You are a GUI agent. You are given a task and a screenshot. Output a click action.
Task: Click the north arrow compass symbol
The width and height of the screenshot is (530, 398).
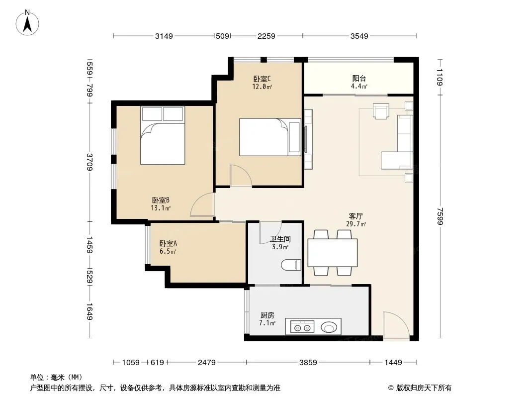click(27, 22)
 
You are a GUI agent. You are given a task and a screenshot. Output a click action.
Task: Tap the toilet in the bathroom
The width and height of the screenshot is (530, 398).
click(291, 265)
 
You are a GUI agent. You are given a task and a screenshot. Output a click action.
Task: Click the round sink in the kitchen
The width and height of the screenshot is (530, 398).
click(329, 327)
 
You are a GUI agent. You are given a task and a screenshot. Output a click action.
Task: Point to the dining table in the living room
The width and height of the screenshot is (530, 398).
click(333, 253)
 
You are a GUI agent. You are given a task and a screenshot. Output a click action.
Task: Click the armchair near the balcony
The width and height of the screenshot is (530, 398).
click(381, 111)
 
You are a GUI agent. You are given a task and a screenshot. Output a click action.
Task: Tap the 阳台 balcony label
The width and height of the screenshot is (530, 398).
click(359, 79)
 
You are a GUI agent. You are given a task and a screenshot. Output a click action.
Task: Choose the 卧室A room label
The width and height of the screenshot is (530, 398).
click(168, 243)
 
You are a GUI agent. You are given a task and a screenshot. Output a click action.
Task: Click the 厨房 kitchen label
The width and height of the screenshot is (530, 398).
click(267, 315)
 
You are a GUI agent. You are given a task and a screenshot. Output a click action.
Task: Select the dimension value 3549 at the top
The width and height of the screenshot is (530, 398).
click(359, 36)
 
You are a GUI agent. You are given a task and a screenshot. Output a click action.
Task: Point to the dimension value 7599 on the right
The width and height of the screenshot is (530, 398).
click(440, 216)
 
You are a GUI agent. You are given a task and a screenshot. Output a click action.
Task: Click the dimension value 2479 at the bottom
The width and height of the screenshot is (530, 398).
click(206, 363)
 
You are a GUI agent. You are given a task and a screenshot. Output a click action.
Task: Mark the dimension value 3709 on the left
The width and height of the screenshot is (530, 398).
click(89, 162)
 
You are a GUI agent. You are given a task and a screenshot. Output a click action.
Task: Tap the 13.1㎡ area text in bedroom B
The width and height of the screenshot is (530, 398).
click(161, 208)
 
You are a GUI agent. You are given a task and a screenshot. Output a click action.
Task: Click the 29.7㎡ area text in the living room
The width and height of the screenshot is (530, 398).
click(356, 223)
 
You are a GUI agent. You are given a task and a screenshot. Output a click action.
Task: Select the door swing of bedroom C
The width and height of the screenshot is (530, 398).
click(241, 176)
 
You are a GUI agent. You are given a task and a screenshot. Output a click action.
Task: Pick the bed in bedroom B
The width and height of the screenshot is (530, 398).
click(163, 136)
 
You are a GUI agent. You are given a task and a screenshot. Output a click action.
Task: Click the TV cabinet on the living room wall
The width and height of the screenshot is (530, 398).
click(308, 139)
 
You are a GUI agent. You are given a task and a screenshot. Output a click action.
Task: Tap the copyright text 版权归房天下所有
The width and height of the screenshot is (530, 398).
click(424, 388)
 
